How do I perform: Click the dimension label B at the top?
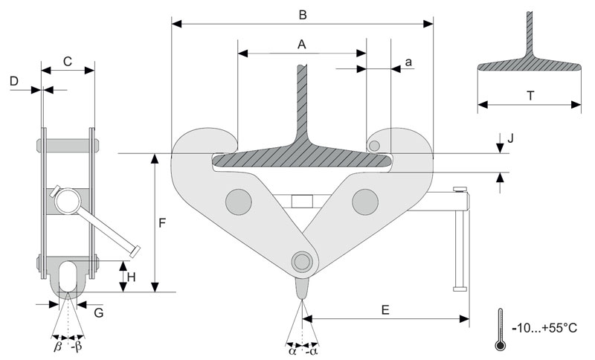coord(302,13)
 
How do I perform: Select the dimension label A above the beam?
coord(302,44)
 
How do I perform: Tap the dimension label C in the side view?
coord(68,62)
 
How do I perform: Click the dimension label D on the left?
coord(14,81)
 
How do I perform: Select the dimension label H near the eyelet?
coord(131,277)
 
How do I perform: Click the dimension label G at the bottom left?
coord(99,312)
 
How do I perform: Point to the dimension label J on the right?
coord(510,138)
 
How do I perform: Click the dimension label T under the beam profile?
coord(530,95)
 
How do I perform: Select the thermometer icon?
coord(501,329)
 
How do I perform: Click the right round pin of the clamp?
coord(365,200)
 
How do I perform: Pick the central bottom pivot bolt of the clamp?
coord(301,261)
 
